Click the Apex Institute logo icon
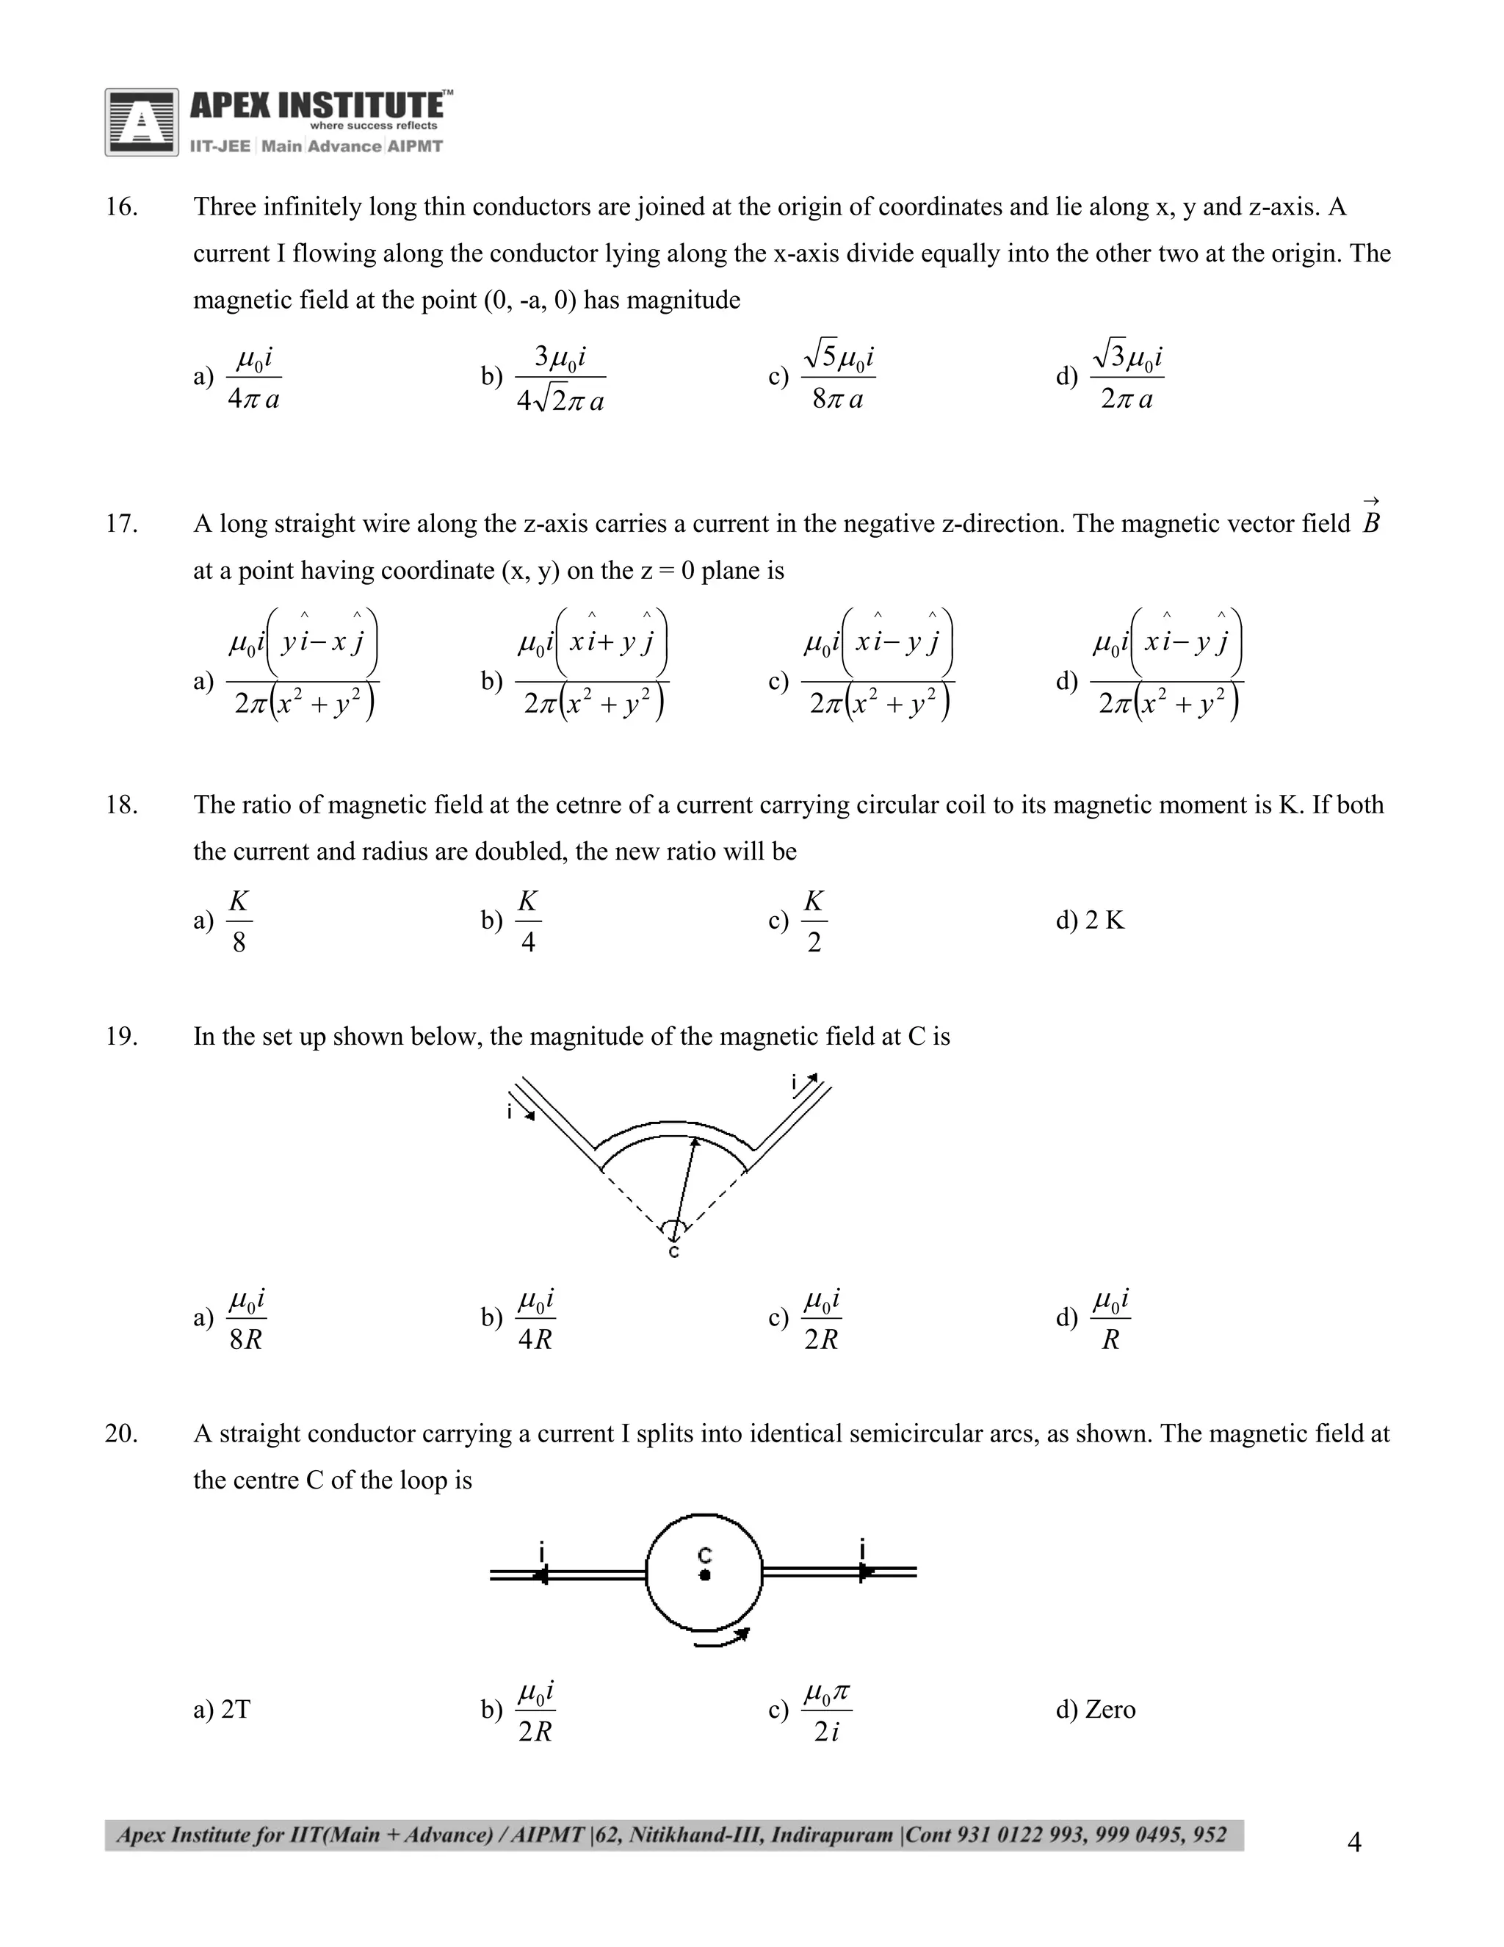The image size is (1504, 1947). point(141,122)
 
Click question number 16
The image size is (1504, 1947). point(121,207)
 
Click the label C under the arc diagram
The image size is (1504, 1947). point(673,1253)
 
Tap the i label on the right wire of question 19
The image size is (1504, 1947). point(794,1082)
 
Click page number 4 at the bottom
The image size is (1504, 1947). point(1354,1842)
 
